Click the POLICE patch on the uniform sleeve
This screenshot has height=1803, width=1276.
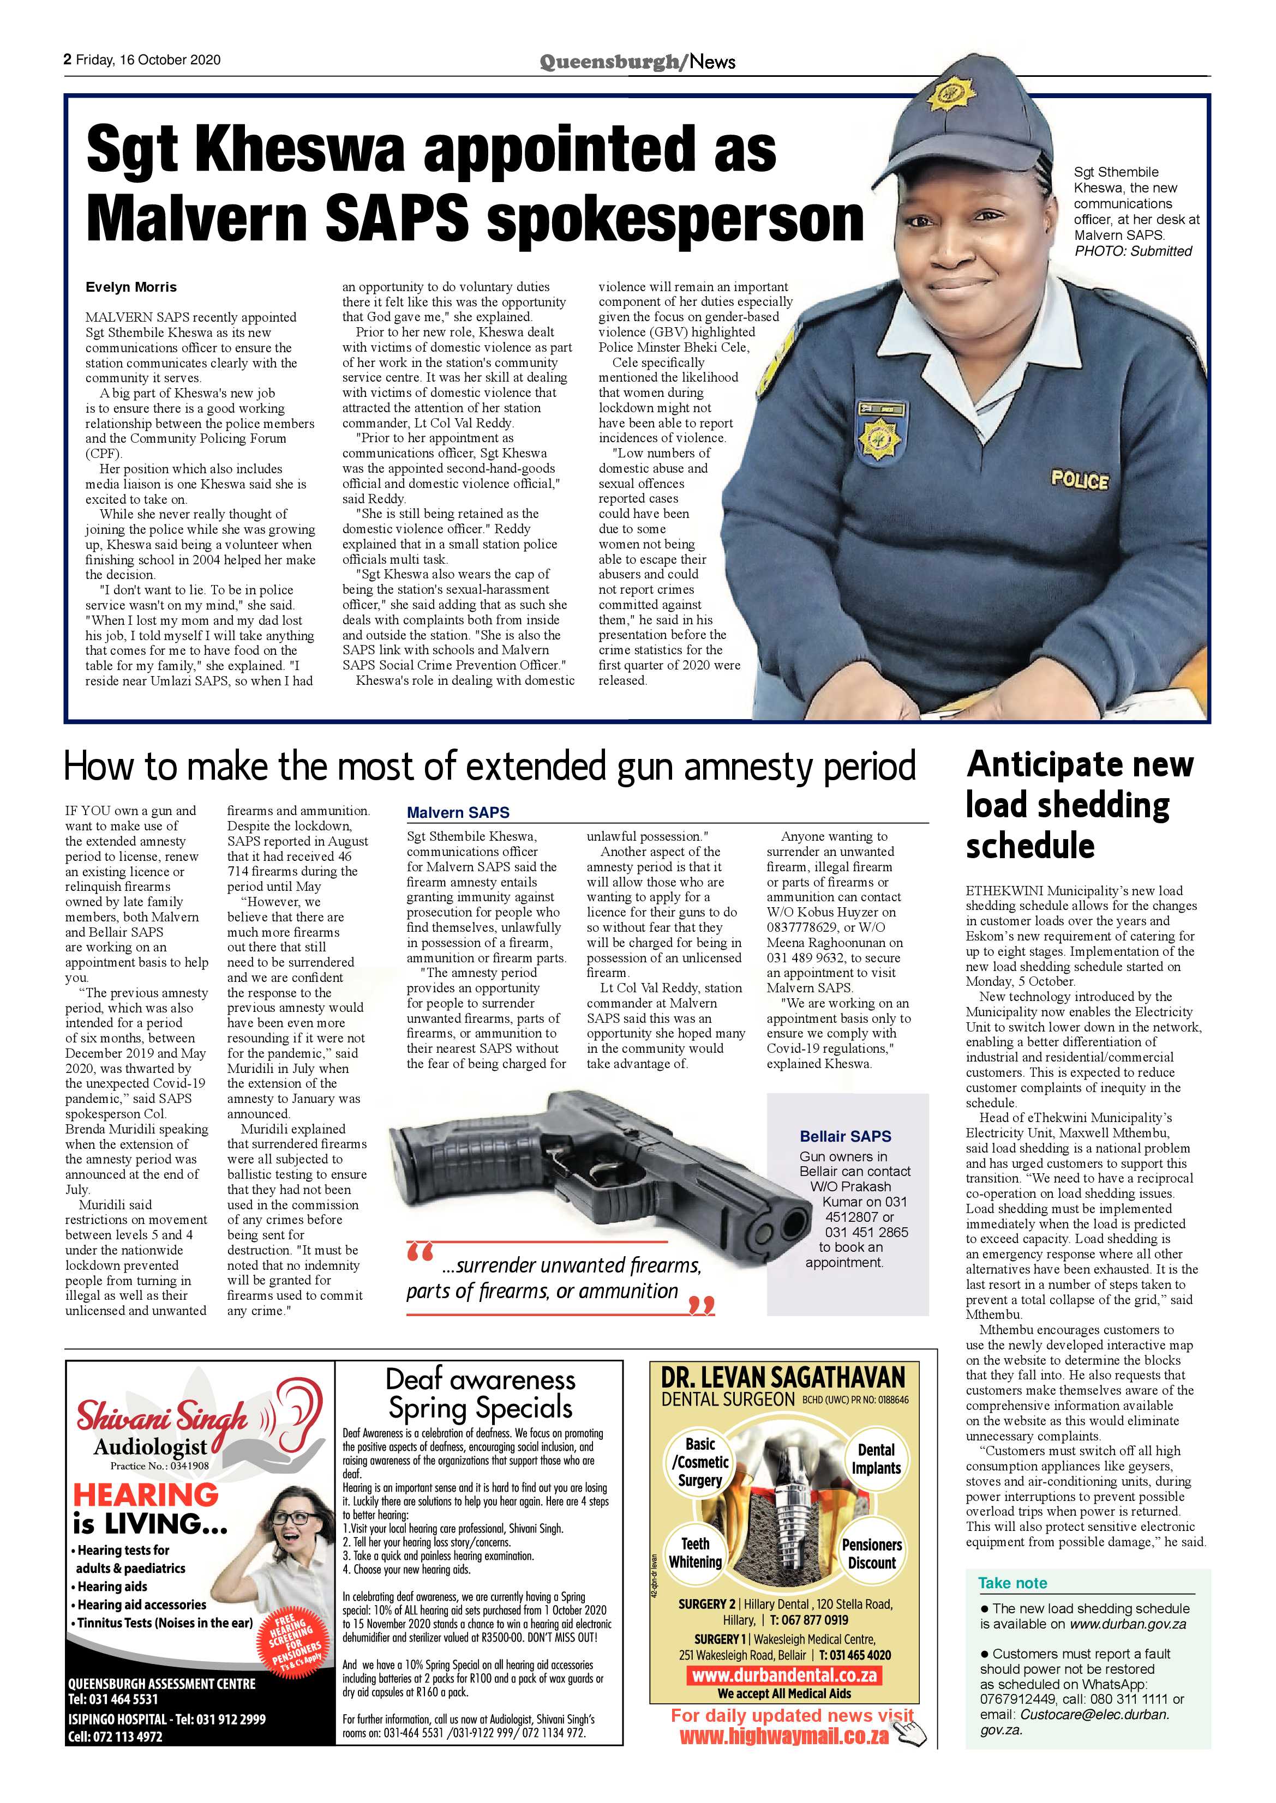[1080, 480]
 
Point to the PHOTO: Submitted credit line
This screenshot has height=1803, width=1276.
[1133, 251]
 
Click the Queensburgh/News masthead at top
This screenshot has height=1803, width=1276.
[637, 61]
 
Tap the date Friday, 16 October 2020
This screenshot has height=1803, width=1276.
[148, 59]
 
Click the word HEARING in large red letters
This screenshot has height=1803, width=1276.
[146, 1494]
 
